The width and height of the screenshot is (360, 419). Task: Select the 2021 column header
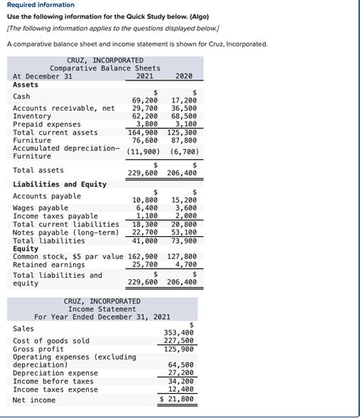[x=144, y=76]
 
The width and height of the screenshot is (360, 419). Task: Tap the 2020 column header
[x=184, y=76]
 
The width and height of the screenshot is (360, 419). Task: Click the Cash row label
[x=21, y=96]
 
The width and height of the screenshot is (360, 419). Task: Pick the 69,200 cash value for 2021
[x=144, y=100]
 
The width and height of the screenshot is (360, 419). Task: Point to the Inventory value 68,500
[x=184, y=116]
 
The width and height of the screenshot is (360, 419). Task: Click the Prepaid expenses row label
[x=46, y=124]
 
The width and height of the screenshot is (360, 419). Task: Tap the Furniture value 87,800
[x=184, y=140]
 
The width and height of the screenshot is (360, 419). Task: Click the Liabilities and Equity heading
[x=59, y=184]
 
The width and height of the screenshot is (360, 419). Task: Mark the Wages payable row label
[x=40, y=208]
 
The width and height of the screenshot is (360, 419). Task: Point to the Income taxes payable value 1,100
[x=147, y=216]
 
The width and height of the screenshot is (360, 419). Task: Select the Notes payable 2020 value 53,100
[x=184, y=232]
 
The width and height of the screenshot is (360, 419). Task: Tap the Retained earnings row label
[x=49, y=265]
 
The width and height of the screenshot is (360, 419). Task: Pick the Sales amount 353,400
[x=178, y=332]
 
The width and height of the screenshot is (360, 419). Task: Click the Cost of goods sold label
[x=51, y=341]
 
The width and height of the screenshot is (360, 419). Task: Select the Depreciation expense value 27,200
[x=181, y=373]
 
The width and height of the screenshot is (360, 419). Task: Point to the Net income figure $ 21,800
[x=177, y=399]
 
